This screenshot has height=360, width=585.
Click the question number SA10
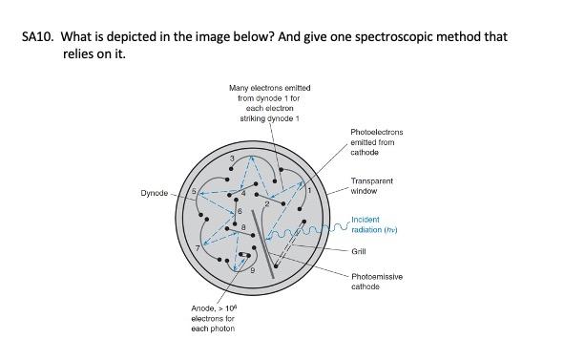(x=37, y=36)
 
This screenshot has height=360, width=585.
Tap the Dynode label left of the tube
(x=154, y=193)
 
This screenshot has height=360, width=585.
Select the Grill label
(x=359, y=251)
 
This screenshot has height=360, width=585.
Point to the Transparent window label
(x=371, y=185)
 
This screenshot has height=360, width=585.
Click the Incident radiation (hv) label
(x=374, y=224)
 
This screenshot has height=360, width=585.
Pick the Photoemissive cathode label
(x=377, y=282)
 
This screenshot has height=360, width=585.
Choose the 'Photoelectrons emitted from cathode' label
(x=376, y=142)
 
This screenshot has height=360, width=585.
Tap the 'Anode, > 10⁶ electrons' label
(x=214, y=318)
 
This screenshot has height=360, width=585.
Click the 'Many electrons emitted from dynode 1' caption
(x=270, y=103)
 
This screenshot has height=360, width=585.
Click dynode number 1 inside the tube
(x=309, y=190)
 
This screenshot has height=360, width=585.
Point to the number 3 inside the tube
(x=232, y=159)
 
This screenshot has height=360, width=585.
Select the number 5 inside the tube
(x=194, y=191)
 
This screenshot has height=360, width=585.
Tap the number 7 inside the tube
(x=198, y=248)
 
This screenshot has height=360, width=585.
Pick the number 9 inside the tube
(x=253, y=270)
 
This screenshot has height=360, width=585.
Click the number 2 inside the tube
(x=267, y=204)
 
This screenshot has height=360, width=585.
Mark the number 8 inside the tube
(x=243, y=227)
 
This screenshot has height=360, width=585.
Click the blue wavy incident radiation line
(x=308, y=231)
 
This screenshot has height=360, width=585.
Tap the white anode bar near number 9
(x=244, y=255)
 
